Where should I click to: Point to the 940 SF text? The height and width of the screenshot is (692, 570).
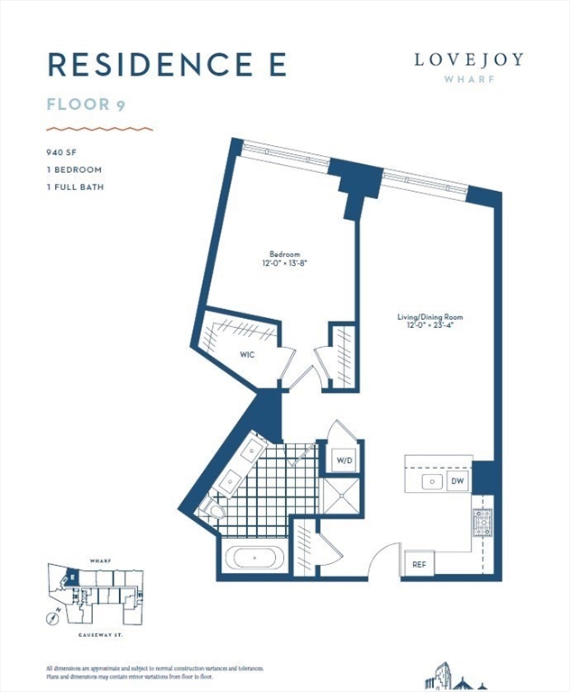(60, 151)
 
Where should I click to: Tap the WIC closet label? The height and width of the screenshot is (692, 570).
(246, 355)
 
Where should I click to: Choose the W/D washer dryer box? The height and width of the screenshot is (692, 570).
(345, 460)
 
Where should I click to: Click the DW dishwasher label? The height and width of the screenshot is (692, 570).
(457, 481)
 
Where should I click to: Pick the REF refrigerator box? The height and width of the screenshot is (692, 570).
(418, 564)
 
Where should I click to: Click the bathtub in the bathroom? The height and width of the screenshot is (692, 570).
(256, 558)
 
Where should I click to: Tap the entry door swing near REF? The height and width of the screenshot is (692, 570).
(383, 559)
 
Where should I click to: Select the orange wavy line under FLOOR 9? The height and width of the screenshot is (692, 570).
(99, 129)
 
